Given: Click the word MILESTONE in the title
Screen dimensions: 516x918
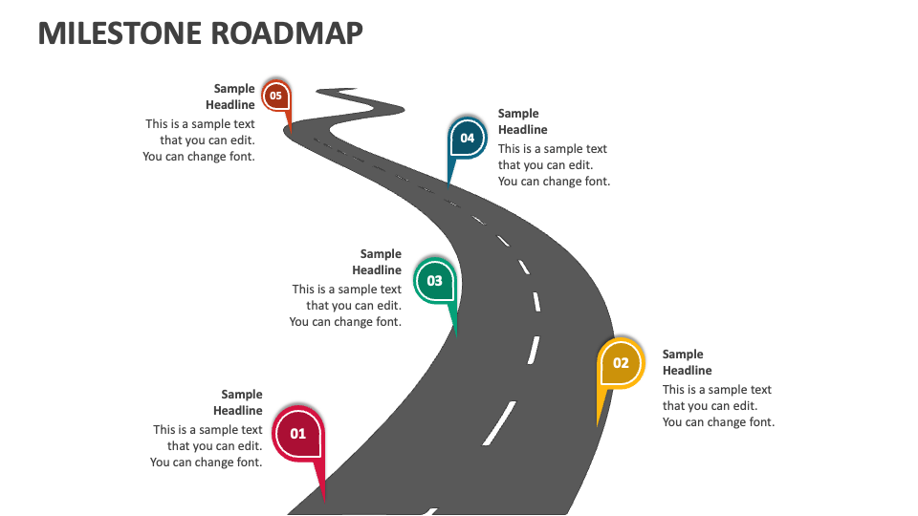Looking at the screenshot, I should [108, 32].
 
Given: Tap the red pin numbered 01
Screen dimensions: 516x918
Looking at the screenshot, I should [297, 433].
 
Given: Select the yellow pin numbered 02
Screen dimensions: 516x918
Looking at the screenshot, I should [621, 363].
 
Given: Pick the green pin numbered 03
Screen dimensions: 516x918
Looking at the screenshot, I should [434, 281].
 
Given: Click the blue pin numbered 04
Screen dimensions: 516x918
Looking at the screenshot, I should [467, 138].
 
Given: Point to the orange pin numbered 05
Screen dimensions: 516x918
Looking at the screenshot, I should [275, 96].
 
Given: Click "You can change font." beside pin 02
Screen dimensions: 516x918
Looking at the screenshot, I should [718, 422].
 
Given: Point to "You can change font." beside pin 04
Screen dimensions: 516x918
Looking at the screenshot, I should [554, 182].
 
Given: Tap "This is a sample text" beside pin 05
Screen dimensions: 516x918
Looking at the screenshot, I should [200, 124].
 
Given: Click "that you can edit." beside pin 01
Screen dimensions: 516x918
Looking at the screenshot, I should [214, 446].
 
